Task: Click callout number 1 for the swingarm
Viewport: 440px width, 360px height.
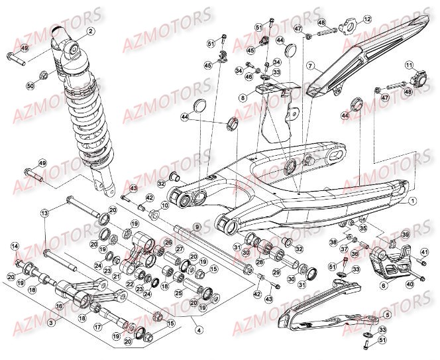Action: tap(412, 200)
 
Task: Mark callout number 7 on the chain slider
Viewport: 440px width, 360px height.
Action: tap(309, 67)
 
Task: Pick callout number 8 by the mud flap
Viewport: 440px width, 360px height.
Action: tap(243, 97)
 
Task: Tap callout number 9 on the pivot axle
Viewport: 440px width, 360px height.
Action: tap(196, 227)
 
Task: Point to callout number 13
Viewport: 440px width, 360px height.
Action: tap(44, 213)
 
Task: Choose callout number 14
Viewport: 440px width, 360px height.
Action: tap(14, 247)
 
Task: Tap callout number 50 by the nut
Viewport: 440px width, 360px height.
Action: tap(30, 86)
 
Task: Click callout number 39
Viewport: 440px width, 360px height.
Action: tap(406, 235)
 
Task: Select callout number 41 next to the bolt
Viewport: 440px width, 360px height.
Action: tap(424, 252)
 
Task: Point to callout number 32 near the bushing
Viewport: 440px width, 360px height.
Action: tap(161, 184)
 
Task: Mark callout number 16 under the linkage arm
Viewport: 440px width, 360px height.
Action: tap(59, 306)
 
